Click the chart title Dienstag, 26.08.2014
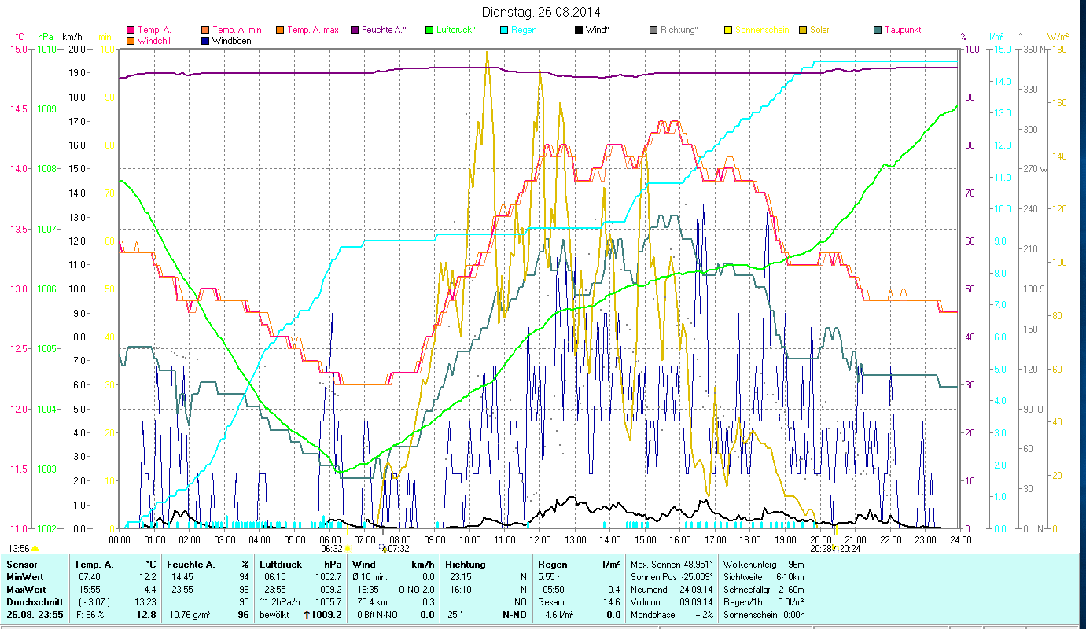(x=543, y=13)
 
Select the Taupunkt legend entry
(x=902, y=30)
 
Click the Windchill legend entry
(x=157, y=40)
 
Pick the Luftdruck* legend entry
(x=456, y=30)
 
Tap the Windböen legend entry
(x=232, y=40)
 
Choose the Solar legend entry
(x=819, y=30)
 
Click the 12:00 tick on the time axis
(x=540, y=540)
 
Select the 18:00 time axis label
(x=750, y=540)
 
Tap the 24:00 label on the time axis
(x=960, y=540)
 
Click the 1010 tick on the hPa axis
(x=46, y=49)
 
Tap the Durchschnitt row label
(x=32, y=602)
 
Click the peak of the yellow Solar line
(x=488, y=52)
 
